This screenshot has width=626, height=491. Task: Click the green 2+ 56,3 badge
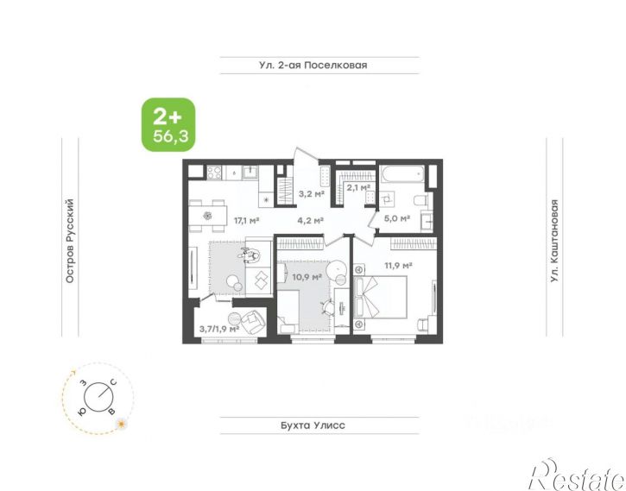click(x=169, y=125)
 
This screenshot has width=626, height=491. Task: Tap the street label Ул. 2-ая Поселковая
click(x=313, y=65)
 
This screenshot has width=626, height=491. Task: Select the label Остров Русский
click(x=70, y=242)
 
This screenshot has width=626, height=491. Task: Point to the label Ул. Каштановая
click(x=554, y=242)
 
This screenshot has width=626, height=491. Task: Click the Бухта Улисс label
click(x=313, y=425)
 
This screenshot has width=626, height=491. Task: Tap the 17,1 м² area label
click(x=247, y=220)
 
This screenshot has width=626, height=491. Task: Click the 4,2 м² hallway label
click(x=310, y=220)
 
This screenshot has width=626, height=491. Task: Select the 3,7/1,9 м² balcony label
click(x=219, y=329)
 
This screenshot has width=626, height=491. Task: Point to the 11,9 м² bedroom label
click(x=398, y=265)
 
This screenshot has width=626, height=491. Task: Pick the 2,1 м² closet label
click(x=358, y=187)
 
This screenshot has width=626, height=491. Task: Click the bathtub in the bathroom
click(x=402, y=174)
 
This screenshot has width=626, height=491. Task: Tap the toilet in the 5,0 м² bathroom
click(x=421, y=199)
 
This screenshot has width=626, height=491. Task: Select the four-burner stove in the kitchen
click(x=214, y=173)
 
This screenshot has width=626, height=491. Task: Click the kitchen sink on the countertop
click(x=250, y=173)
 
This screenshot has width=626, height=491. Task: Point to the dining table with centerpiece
click(x=207, y=217)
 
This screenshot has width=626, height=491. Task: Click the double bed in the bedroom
click(x=381, y=297)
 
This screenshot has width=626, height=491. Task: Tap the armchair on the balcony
click(x=252, y=322)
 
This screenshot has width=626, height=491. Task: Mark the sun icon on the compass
click(x=122, y=424)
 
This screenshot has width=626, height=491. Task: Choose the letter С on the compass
click(x=113, y=383)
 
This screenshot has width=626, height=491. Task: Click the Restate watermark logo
click(x=578, y=475)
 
